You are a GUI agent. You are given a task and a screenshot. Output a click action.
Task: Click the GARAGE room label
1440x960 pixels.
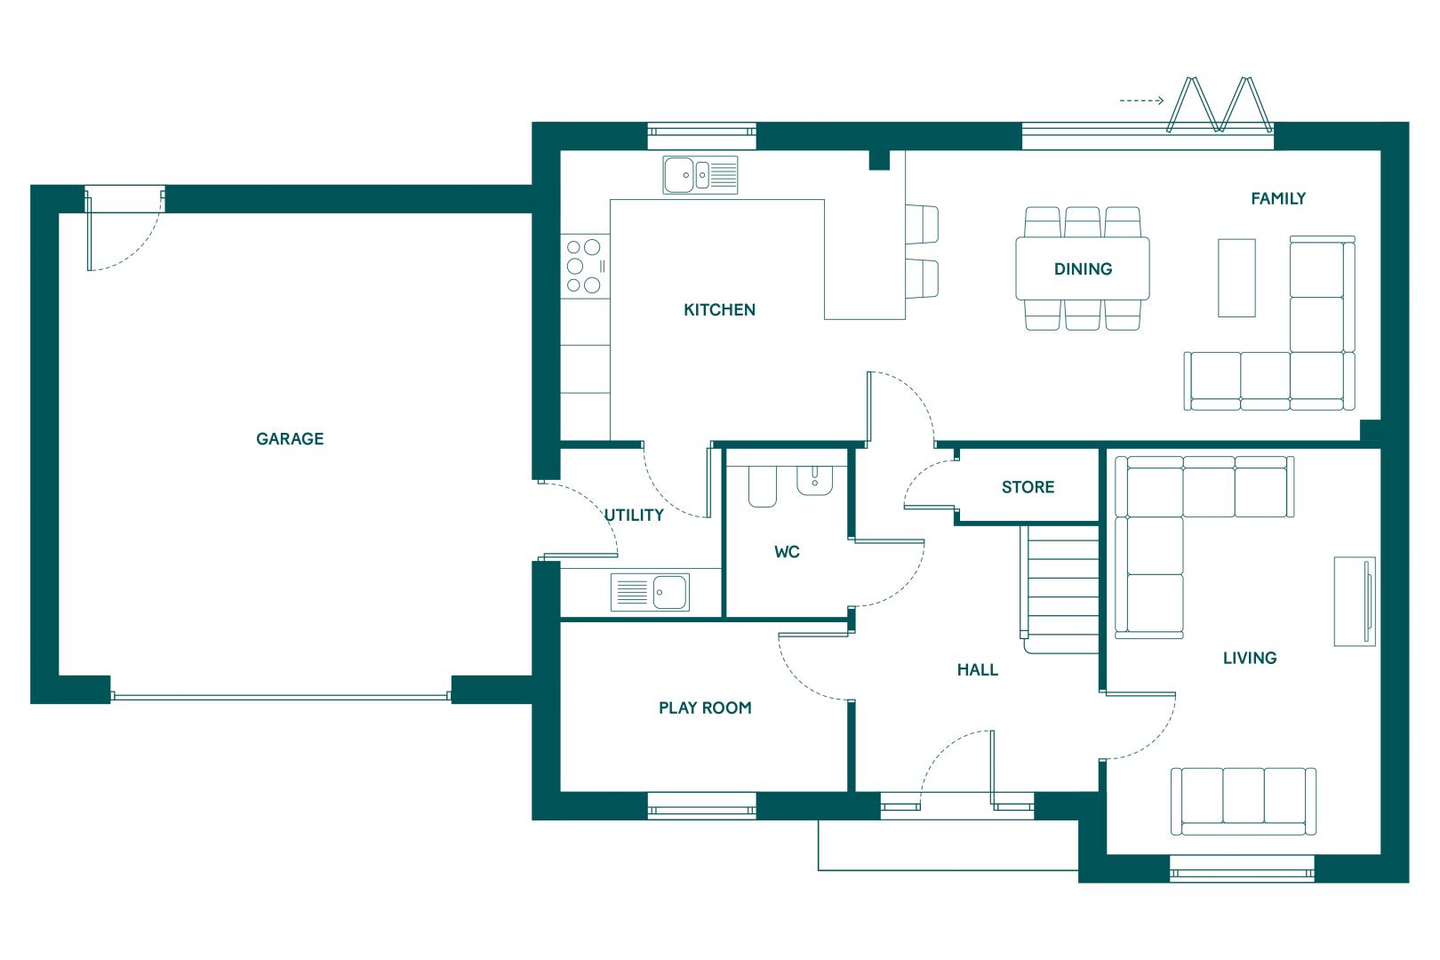pos(289,438)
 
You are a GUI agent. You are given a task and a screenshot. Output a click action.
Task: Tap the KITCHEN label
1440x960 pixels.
pos(719,310)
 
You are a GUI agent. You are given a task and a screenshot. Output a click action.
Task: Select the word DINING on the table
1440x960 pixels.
pos(1084,268)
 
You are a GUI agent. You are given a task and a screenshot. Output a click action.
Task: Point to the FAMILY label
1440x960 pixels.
pos(1278,199)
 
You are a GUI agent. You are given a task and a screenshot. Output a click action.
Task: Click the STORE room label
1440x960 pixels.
pos(1028,487)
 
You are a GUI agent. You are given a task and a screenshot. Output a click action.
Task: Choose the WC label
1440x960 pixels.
pos(787,552)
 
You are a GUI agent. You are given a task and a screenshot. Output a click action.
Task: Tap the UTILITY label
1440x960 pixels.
pos(634,515)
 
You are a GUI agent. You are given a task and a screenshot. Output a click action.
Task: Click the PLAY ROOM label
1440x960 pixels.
pos(705,708)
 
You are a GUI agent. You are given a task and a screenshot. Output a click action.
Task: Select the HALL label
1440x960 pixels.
pos(977,670)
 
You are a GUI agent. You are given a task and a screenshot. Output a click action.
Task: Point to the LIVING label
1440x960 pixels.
pos(1250,658)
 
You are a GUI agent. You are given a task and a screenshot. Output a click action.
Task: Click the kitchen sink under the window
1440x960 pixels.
pos(700,175)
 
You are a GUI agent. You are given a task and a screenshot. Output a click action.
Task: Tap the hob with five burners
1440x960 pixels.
pos(585,266)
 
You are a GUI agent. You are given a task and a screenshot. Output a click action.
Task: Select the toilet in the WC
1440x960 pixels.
pos(763,487)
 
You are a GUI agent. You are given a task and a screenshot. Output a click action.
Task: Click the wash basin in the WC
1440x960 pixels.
pos(814,481)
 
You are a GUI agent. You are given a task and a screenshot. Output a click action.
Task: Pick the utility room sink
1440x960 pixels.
pos(650,592)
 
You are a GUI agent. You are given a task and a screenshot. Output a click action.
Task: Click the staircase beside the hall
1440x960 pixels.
pos(1060,589)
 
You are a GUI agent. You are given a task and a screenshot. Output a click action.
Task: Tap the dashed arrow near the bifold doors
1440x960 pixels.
pos(1141,100)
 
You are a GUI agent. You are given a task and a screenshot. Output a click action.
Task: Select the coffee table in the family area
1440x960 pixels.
pos(1236,277)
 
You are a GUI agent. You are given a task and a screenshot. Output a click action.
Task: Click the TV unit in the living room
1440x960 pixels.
pos(1355,601)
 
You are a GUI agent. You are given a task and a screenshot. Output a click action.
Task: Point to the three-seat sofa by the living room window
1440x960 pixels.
pos(1244,801)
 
